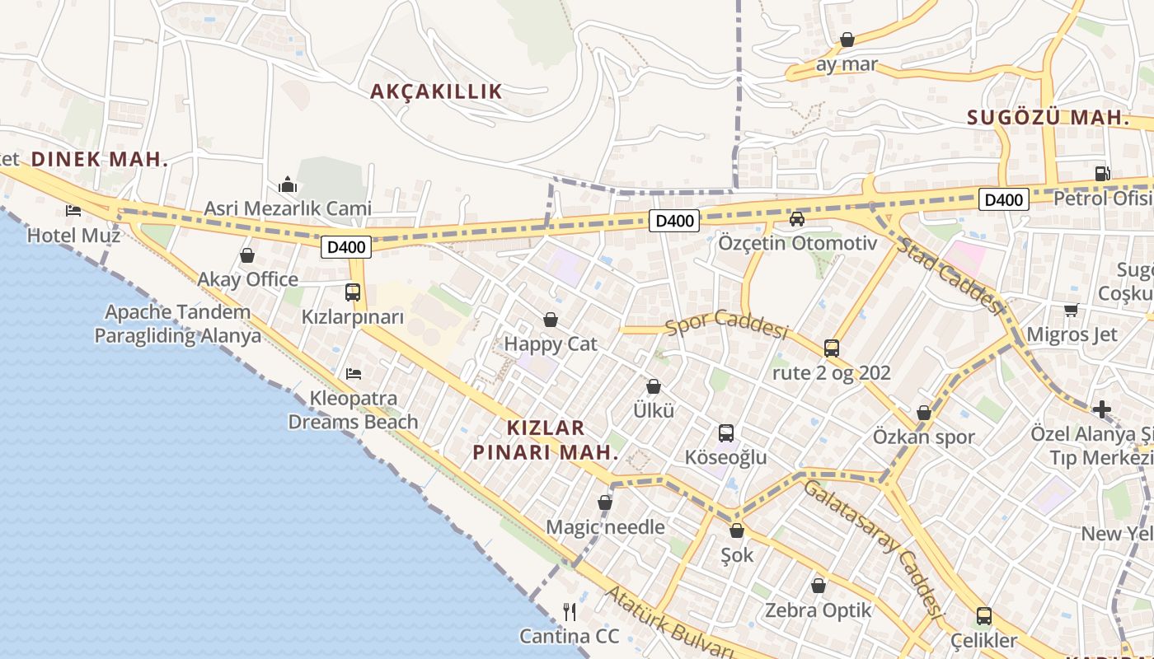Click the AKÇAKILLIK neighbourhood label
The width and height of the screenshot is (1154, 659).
(x=436, y=91)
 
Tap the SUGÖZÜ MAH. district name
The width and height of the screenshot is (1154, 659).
(x=1048, y=118)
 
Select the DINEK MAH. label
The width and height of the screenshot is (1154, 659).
(x=100, y=160)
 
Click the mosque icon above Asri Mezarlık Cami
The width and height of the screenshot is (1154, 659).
(x=288, y=185)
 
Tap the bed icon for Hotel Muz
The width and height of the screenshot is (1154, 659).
(x=73, y=211)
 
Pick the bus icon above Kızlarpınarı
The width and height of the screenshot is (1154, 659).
(x=353, y=292)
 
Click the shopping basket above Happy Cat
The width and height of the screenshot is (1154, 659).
(x=551, y=320)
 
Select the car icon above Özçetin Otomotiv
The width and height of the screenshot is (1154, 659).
(x=797, y=219)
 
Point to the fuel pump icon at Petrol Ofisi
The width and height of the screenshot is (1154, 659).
(x=1102, y=174)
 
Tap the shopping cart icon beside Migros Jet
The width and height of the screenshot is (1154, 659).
(x=1071, y=310)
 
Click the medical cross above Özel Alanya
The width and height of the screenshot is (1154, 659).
(x=1102, y=409)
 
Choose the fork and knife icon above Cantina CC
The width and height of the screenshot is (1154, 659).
(x=569, y=611)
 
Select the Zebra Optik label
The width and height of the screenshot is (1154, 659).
(x=818, y=610)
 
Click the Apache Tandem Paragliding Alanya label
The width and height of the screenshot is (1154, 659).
(x=177, y=324)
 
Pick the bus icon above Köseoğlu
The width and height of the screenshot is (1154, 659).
(x=726, y=433)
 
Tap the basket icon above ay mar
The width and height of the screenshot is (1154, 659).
(x=847, y=40)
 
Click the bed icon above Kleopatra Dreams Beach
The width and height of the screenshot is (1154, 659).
(x=354, y=374)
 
